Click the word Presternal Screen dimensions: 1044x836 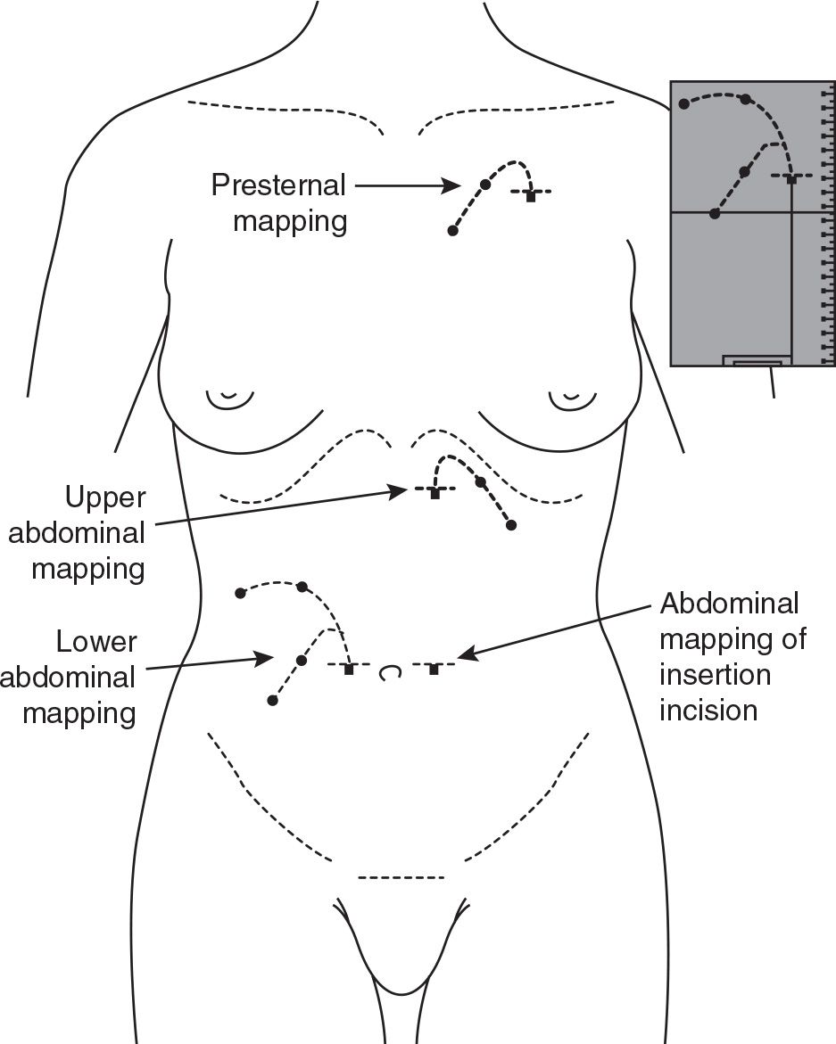[277, 185]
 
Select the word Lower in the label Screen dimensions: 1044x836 [95, 641]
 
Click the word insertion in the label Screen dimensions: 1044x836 [715, 674]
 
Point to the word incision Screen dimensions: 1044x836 [708, 710]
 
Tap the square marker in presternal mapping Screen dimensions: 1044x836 [531, 196]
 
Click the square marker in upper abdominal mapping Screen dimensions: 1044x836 [435, 493]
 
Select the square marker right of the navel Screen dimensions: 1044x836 [434, 669]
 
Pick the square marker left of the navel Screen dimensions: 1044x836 [349, 669]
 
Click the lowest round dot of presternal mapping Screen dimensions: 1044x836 [452, 231]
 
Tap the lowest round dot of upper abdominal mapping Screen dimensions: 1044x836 [510, 525]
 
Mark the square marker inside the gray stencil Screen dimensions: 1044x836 [790, 178]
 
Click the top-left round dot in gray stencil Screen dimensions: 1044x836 [684, 104]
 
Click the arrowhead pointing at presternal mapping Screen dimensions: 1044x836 [454, 186]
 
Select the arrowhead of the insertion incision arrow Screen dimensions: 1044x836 [464, 658]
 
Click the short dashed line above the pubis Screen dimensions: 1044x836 [401, 878]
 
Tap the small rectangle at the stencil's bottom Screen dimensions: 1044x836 [757, 363]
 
